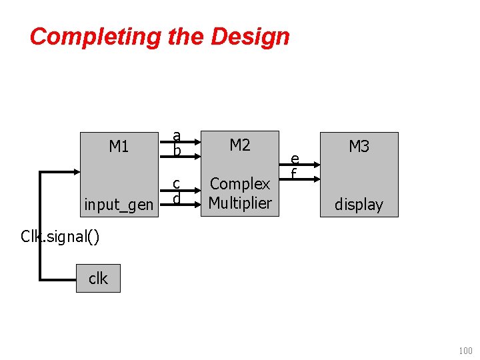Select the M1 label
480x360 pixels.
tap(119, 146)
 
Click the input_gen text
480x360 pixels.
tap(119, 205)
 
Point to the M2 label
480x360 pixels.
tap(239, 145)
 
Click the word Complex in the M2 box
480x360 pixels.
tap(240, 183)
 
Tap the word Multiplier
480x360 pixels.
tap(240, 203)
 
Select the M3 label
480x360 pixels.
tap(359, 146)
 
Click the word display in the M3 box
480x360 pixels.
tap(359, 205)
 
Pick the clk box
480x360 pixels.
tap(98, 278)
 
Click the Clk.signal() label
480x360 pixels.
tap(60, 236)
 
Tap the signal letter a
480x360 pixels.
tap(177, 135)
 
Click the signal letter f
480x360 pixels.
tap(293, 173)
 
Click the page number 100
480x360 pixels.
tap(465, 350)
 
